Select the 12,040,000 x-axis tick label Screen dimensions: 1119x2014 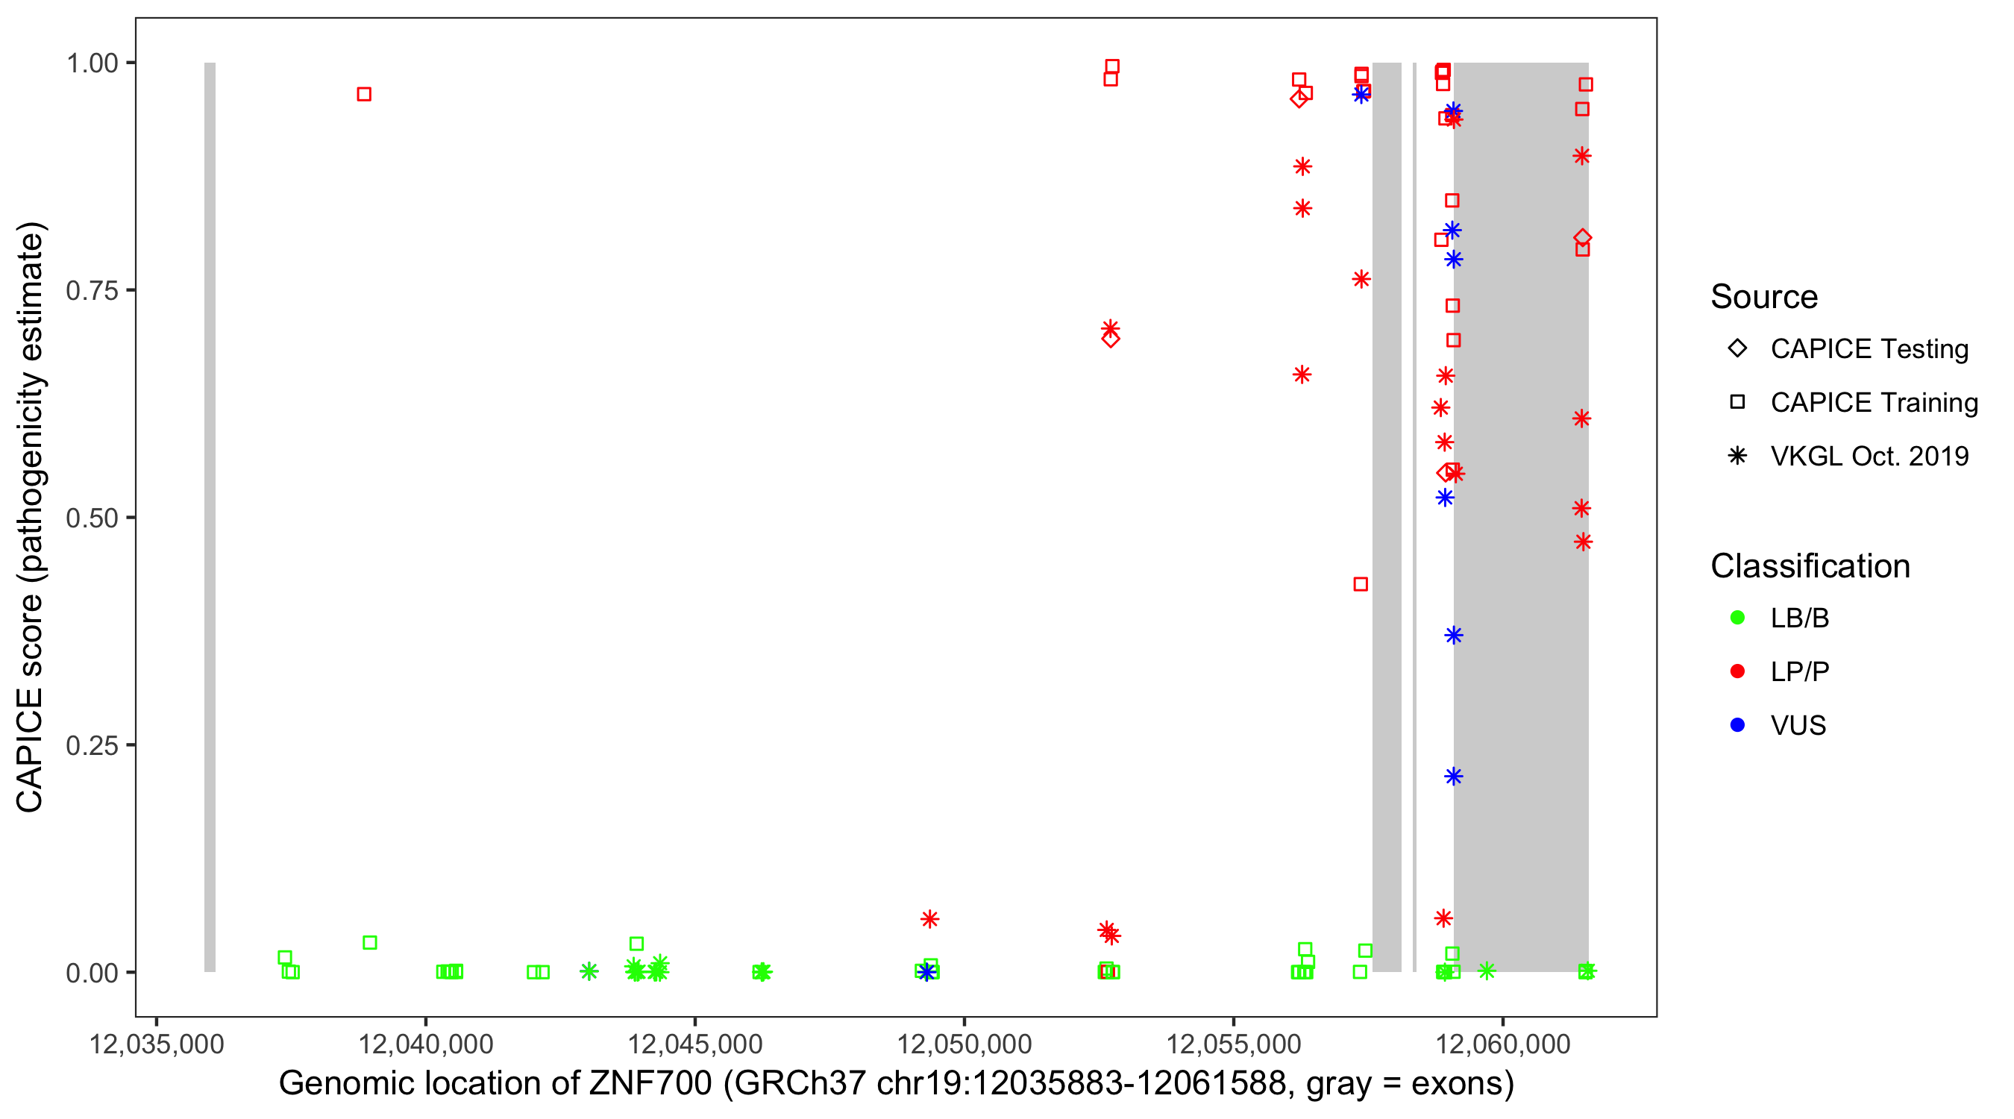point(426,1044)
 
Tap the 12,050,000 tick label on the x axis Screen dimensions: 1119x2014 point(964,1044)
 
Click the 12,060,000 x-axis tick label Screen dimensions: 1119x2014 point(1503,1044)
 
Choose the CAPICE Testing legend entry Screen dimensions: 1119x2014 point(1869,349)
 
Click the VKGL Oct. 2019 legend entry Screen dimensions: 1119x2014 point(1869,456)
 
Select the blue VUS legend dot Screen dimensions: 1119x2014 point(1737,725)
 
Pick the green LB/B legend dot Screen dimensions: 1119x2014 point(1737,618)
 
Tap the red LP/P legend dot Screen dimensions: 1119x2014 point(1737,671)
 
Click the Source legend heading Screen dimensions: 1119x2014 point(1764,297)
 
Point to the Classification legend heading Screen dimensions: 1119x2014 point(1810,566)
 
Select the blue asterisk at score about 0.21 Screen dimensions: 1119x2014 point(1453,777)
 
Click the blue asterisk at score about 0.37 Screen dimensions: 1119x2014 point(1453,636)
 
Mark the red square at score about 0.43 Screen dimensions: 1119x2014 point(1361,584)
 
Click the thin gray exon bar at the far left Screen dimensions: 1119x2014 point(210,516)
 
